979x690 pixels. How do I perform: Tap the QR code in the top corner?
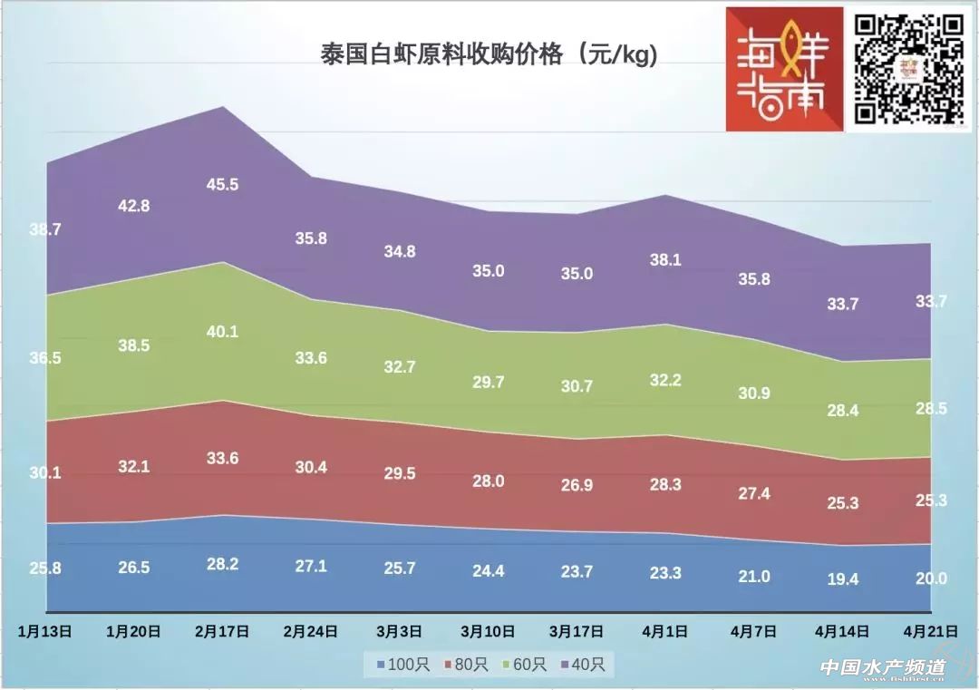[x=909, y=69]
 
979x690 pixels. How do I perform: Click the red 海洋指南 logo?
[x=783, y=70]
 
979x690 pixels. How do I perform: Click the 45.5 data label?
[x=222, y=184]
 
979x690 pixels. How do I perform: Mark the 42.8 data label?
[x=133, y=206]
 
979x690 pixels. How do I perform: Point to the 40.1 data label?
[x=222, y=332]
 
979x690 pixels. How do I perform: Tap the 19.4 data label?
[x=842, y=579]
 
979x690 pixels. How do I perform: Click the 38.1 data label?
[x=665, y=259]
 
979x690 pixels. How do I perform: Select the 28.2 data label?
[x=222, y=564]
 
